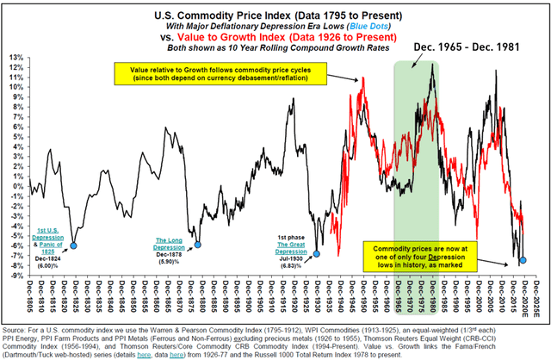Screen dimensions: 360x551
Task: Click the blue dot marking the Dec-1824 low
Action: click(73, 245)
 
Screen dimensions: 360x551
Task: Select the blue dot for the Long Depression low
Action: click(197, 245)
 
